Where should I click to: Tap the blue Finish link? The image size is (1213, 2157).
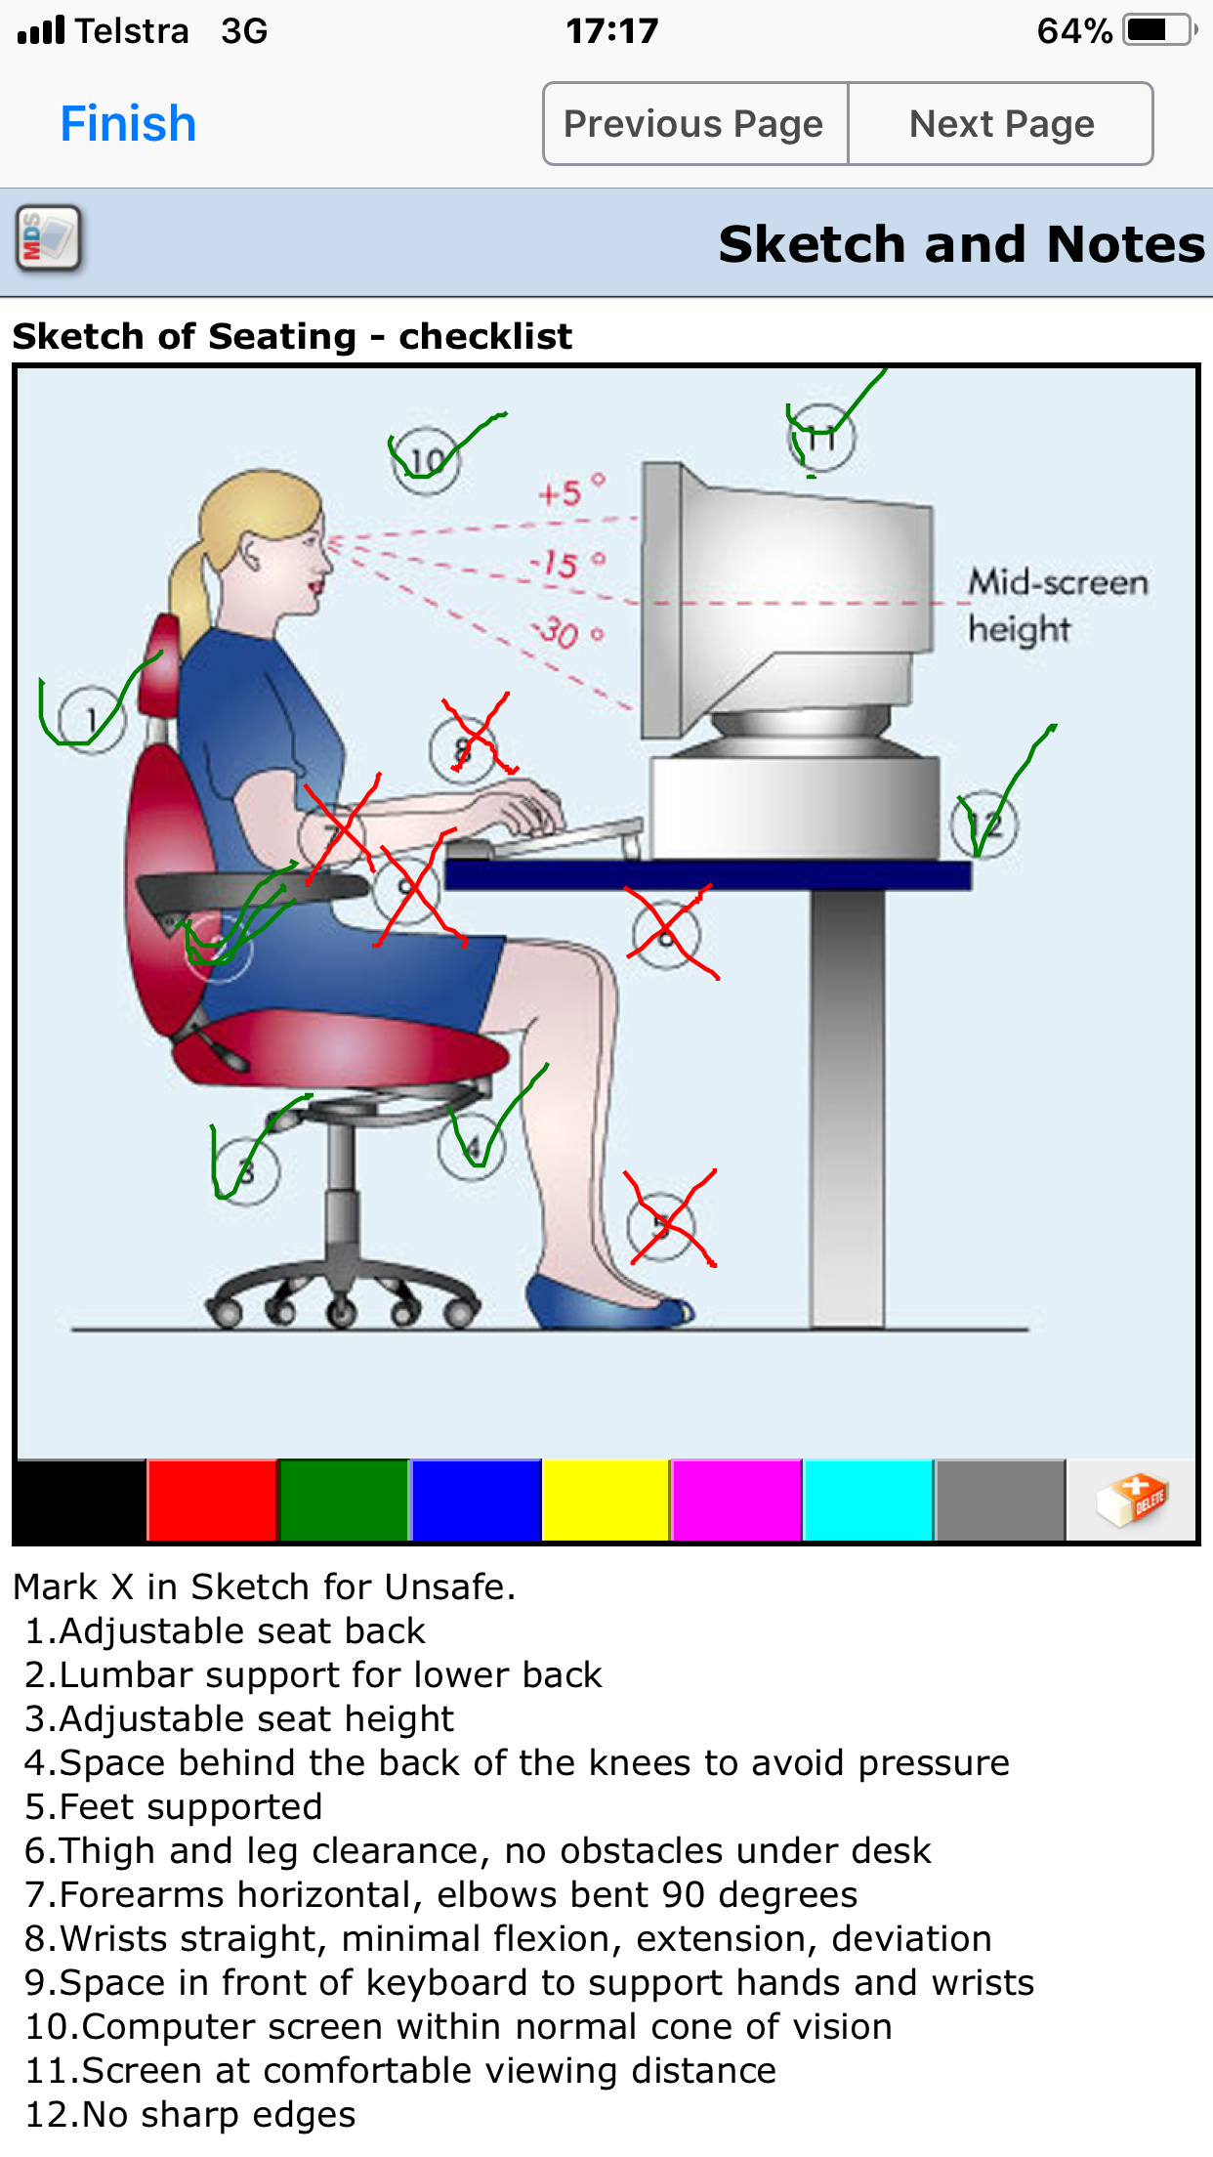pos(128,124)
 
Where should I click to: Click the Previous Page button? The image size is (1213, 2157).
pos(694,124)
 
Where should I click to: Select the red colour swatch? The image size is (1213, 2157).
pos(212,1501)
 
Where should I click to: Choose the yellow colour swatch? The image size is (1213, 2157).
pos(606,1501)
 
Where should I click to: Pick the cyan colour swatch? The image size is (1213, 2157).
pos(867,1501)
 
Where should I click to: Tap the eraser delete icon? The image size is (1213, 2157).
pos(1131,1501)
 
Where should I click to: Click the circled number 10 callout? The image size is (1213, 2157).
pos(426,460)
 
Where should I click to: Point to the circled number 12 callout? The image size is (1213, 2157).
pos(984,825)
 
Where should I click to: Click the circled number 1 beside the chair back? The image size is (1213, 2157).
pos(91,720)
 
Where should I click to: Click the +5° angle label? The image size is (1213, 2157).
pos(571,491)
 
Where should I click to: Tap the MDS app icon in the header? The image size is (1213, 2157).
pos(48,238)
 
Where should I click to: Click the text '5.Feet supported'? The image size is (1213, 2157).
pos(173,1806)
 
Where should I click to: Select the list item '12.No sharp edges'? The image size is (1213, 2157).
pos(189,2114)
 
